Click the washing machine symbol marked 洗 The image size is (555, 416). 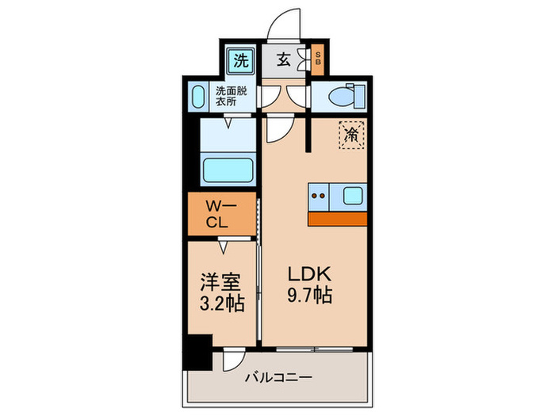pyautogui.click(x=238, y=59)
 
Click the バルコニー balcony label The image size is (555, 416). pyautogui.click(x=281, y=378)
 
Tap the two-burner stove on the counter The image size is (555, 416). pyautogui.click(x=320, y=194)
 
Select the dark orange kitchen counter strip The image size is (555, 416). pyautogui.click(x=337, y=219)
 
